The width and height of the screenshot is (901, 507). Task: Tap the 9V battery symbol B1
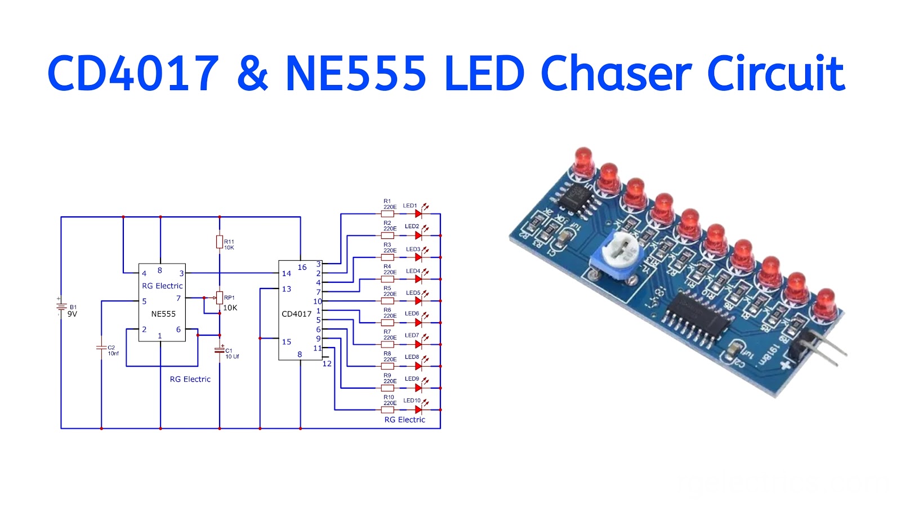(x=61, y=307)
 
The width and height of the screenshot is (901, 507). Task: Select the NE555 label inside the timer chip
(x=163, y=314)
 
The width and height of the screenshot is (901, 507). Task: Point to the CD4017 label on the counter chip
(x=296, y=314)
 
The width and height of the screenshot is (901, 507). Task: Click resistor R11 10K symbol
(x=220, y=242)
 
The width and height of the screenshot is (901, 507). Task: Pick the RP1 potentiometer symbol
(x=220, y=297)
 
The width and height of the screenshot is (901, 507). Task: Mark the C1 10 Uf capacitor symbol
(x=220, y=350)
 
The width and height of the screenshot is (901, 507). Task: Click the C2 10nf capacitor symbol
(x=101, y=348)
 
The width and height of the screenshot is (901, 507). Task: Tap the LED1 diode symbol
(x=418, y=214)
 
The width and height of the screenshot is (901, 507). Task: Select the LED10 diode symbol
(x=418, y=410)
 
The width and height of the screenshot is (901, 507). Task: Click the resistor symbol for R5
(x=387, y=300)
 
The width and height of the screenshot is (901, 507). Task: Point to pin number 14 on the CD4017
(x=287, y=274)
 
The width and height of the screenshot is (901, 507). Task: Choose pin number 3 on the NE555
(x=181, y=273)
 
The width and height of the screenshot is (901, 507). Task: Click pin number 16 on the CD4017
(x=302, y=267)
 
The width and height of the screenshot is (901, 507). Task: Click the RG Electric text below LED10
(x=404, y=420)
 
